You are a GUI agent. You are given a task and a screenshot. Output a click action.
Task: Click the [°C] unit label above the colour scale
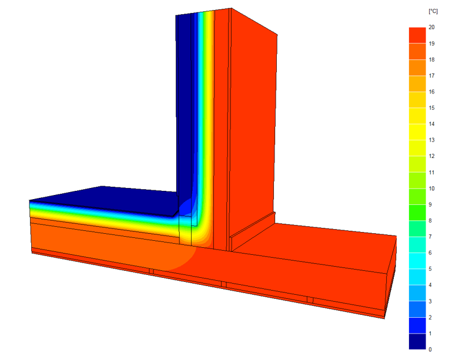coord(433,11)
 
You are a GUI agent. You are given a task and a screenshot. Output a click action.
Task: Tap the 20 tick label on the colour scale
coord(431,27)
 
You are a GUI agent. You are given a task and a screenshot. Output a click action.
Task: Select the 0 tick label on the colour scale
coord(430,349)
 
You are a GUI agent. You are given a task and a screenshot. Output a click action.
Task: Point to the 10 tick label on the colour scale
coord(431,189)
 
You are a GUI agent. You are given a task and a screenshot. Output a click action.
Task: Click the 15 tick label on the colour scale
coord(431,108)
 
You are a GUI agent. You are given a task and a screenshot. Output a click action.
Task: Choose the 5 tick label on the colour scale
coord(430,269)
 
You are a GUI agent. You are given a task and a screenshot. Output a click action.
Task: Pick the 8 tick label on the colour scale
coord(430,220)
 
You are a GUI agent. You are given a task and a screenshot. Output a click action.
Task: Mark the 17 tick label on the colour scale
coord(431,75)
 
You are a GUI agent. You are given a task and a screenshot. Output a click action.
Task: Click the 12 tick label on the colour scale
coord(431,156)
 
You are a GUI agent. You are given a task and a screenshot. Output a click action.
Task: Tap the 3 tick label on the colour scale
coord(430,301)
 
